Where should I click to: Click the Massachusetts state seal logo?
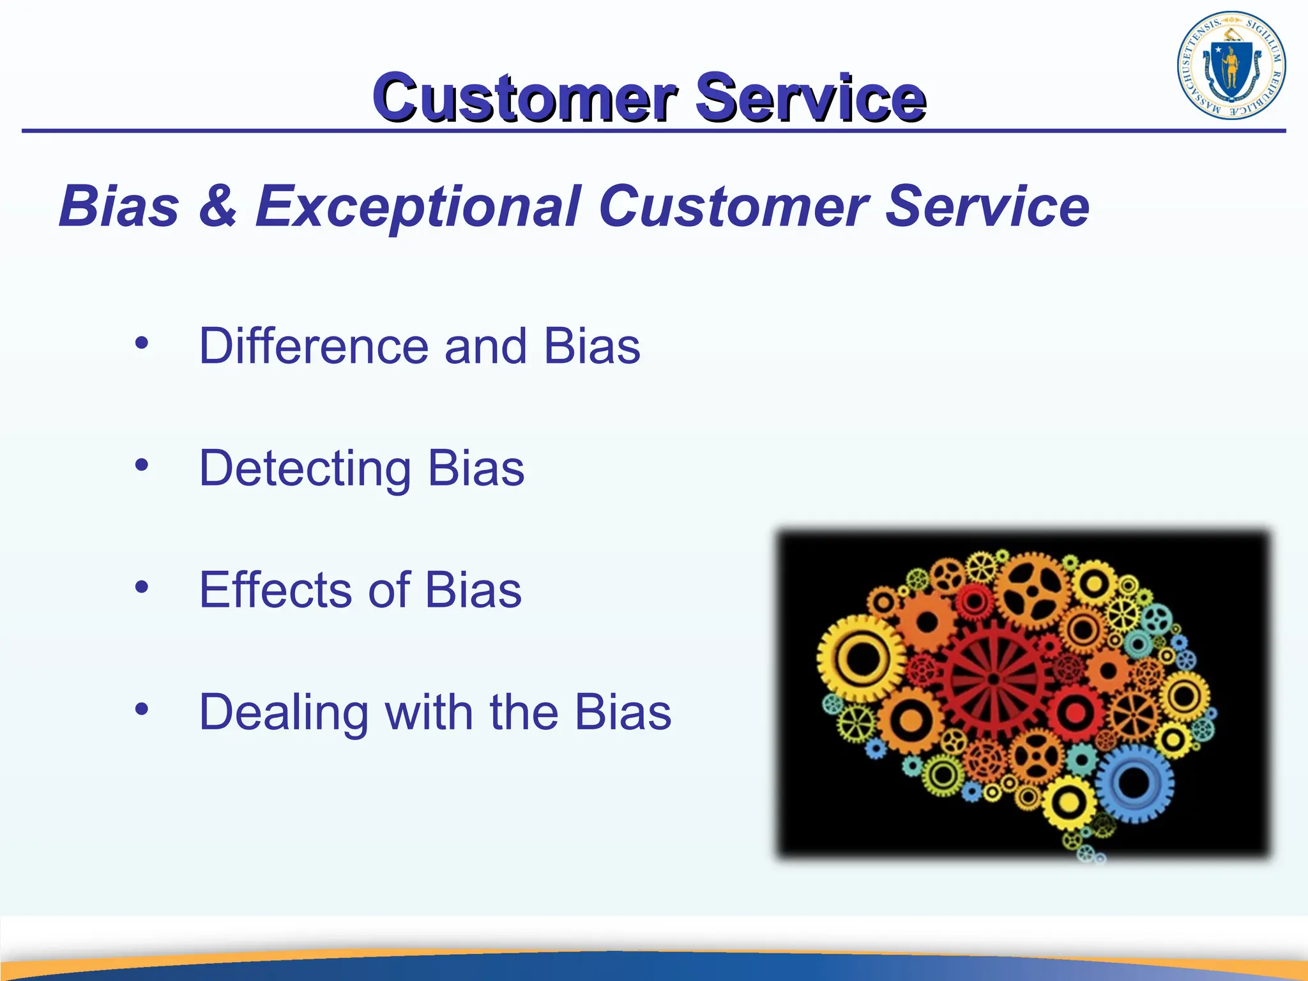[x=1231, y=65]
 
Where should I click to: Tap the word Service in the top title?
[x=810, y=97]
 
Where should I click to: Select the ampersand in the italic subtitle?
[x=217, y=206]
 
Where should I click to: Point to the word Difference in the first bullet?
[x=313, y=346]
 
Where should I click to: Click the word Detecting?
[x=305, y=469]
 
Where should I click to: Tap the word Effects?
[x=275, y=590]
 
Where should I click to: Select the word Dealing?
[x=284, y=712]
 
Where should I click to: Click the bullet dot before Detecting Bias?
[x=142, y=465]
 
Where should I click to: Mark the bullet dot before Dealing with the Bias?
[x=142, y=708]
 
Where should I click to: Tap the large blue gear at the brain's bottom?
[x=1134, y=782]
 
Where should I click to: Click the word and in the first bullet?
[x=485, y=346]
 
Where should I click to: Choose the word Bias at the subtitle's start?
[x=119, y=206]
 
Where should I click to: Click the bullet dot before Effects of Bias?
[x=142, y=586]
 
